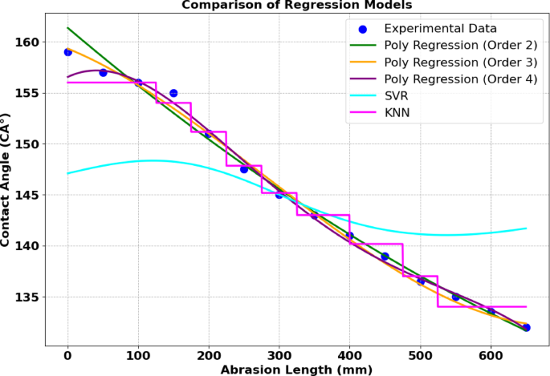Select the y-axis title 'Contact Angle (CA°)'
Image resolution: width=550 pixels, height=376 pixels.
(x=9, y=184)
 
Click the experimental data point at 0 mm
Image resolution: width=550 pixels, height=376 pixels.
(x=67, y=52)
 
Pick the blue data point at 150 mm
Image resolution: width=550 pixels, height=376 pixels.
(x=173, y=93)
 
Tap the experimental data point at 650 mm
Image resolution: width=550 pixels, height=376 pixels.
(x=526, y=327)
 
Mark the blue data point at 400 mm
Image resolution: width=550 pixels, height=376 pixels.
(x=349, y=236)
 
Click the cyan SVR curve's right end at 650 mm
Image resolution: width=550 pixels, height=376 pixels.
(x=526, y=228)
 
